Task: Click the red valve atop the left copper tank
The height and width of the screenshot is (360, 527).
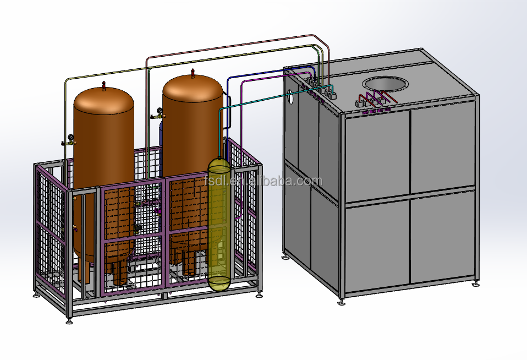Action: [104, 85]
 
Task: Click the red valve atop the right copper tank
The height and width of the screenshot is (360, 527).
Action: [193, 74]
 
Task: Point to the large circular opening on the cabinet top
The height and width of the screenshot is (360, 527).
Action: [384, 84]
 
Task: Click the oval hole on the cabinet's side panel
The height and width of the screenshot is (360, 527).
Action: [291, 96]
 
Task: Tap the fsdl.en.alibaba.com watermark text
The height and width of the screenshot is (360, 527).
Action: [263, 181]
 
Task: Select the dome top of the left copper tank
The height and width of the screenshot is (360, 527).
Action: [104, 100]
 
